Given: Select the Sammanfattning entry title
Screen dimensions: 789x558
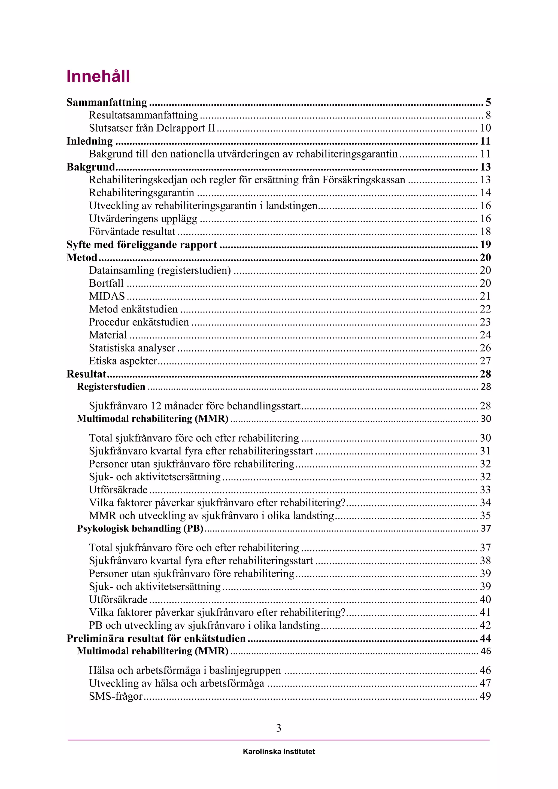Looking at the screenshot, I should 107,102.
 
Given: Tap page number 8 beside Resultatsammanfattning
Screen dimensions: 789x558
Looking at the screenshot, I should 488,115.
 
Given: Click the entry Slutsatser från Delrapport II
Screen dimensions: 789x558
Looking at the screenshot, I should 152,128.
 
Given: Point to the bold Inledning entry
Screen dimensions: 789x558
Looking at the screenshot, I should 89,141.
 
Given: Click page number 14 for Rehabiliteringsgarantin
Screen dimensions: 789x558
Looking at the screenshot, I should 485,193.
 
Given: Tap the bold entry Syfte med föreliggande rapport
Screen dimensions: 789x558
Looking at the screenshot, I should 142,245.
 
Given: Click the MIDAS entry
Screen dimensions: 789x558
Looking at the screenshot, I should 107,296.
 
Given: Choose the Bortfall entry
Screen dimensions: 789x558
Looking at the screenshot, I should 106,283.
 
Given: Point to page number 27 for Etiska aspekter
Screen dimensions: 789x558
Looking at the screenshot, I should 485,361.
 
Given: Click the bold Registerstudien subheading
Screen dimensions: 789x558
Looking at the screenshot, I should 111,387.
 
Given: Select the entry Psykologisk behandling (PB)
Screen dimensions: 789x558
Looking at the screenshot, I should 140,528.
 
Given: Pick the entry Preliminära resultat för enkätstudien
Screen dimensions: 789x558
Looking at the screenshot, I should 156,639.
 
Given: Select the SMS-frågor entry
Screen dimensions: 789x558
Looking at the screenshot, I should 116,696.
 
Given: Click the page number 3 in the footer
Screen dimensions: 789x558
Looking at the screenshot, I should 279,728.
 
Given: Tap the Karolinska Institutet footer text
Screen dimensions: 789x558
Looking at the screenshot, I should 279,752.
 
